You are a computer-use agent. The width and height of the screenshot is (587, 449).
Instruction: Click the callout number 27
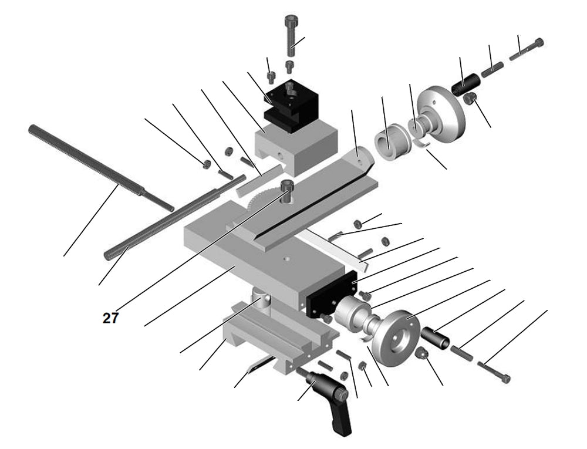pos(110,318)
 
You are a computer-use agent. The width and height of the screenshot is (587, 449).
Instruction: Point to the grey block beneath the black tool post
pos(296,150)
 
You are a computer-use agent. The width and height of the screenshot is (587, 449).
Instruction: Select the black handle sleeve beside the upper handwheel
pos(466,83)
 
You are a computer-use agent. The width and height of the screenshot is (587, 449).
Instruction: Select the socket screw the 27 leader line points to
pos(286,190)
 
